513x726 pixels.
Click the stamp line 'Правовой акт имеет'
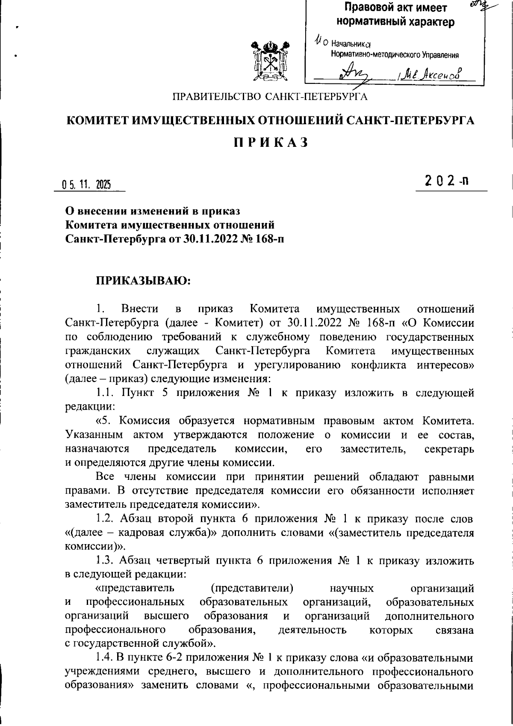click(395, 8)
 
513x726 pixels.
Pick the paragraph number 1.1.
click(106, 393)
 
